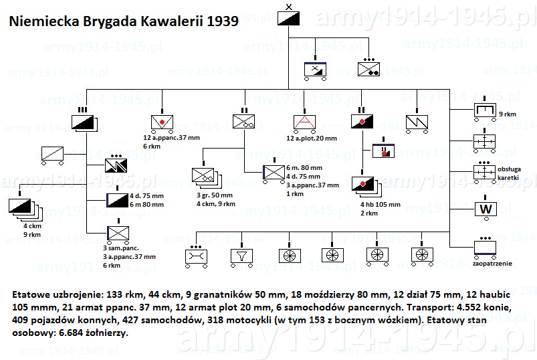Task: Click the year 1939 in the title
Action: coord(223,21)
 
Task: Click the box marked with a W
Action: coord(486,209)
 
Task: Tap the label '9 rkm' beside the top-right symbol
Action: coord(507,114)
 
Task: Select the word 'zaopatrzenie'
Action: coord(492,264)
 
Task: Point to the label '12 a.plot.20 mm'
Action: coord(312,139)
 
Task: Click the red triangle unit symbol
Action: coord(304,122)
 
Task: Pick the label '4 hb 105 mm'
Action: coord(380,205)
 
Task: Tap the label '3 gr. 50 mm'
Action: coord(215,195)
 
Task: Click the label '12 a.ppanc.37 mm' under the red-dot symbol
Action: coord(171,138)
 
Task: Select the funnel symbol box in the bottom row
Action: coord(242,256)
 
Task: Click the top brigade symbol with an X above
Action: coord(288,19)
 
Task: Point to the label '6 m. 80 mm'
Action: coord(304,168)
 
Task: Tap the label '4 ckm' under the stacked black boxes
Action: coord(32,226)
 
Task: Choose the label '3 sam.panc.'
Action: coord(121,248)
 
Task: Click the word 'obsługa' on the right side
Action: coord(509,169)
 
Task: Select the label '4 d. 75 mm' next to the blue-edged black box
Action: coord(146,196)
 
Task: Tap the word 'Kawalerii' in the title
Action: coord(172,21)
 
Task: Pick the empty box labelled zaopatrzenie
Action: coord(486,248)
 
